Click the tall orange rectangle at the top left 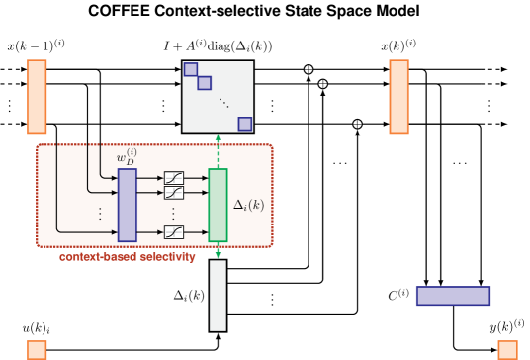(37, 96)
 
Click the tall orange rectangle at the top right (398, 96)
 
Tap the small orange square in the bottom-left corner (37, 350)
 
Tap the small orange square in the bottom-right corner (507, 350)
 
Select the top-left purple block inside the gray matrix (191, 69)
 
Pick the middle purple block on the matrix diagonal (204, 83)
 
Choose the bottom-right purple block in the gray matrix (244, 124)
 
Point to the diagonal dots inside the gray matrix (223, 103)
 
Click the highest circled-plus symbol (309, 69)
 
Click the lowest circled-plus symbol (357, 124)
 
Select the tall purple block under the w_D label (127, 205)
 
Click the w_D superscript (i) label (127, 156)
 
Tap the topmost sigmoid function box (174, 178)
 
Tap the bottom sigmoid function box (174, 232)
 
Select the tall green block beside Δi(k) (218, 205)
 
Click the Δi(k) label (248, 205)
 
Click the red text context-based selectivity (127, 257)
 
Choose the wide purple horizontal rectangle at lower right (453, 296)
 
